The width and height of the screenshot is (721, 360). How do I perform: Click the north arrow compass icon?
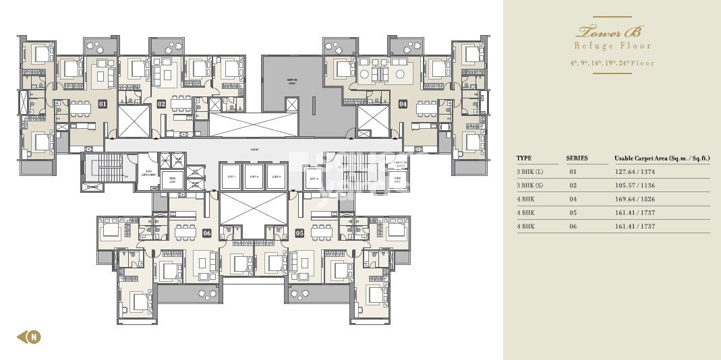(x=29, y=336)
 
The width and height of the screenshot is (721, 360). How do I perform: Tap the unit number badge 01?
(x=103, y=104)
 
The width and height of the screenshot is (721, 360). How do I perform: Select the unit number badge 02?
(x=161, y=104)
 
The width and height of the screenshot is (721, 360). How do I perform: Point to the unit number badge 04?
(x=403, y=104)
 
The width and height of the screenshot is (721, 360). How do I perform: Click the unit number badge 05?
(x=299, y=233)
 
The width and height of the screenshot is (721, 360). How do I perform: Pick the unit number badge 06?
(x=206, y=233)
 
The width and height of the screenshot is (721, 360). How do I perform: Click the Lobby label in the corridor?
(x=254, y=150)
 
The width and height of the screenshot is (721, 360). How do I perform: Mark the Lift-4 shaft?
(x=312, y=178)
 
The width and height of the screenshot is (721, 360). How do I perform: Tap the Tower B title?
(x=612, y=31)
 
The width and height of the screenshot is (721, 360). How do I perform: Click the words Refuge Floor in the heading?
(x=612, y=46)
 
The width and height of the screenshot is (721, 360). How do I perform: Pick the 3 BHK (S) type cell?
(x=529, y=185)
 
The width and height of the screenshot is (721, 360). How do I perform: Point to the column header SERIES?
(x=577, y=158)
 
